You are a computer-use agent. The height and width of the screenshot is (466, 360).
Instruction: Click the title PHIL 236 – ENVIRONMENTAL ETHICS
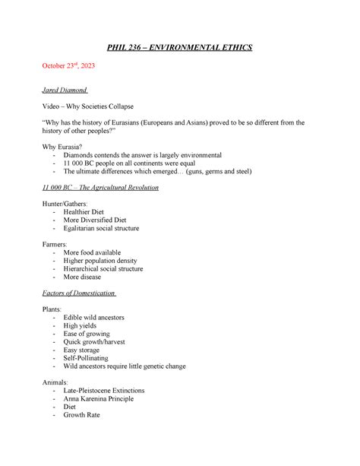coord(180,49)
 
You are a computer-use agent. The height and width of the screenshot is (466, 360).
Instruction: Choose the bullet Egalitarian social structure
coord(101,228)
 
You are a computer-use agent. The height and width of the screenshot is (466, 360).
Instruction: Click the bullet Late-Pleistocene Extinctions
coord(104,390)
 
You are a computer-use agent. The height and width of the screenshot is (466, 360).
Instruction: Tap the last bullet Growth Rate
coord(81,415)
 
